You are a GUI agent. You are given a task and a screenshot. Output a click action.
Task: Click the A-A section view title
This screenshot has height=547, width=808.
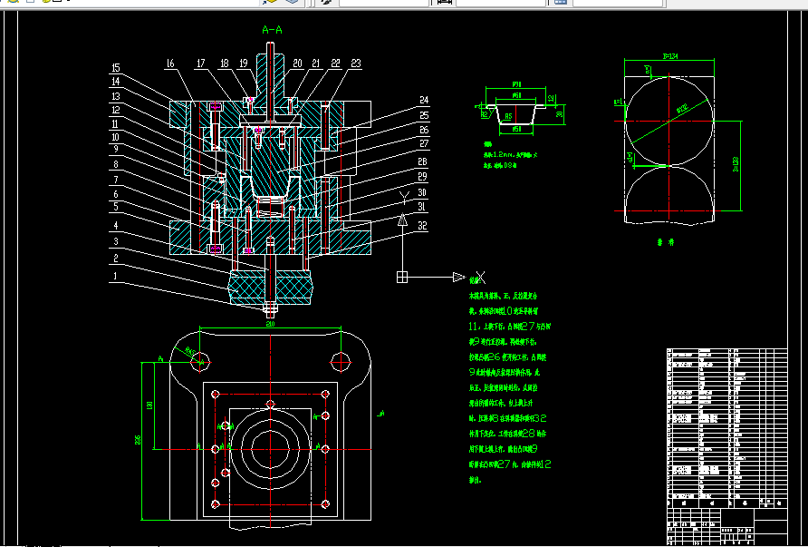tap(272, 30)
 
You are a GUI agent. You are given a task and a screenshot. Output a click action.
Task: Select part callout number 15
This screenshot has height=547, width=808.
tap(116, 68)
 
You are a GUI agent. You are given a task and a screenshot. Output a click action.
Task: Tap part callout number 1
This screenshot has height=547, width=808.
tap(116, 275)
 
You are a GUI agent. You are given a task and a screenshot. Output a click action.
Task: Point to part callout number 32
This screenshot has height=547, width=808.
tap(422, 228)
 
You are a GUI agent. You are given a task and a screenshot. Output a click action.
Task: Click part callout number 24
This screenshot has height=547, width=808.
tap(423, 100)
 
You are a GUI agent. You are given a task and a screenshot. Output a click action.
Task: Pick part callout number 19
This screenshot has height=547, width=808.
tap(244, 63)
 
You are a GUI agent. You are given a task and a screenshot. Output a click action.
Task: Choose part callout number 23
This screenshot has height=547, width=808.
tap(356, 63)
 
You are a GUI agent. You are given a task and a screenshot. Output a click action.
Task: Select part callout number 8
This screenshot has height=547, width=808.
tap(116, 165)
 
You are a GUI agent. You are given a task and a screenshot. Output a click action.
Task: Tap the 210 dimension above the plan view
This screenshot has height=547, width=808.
tap(270, 322)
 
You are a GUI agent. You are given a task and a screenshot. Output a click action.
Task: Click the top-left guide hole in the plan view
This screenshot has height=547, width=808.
tap(200, 359)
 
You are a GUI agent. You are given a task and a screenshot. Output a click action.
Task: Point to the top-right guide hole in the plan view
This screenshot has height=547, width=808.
tap(341, 359)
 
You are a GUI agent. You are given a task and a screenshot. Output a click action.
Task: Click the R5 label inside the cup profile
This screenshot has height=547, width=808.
tap(509, 116)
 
